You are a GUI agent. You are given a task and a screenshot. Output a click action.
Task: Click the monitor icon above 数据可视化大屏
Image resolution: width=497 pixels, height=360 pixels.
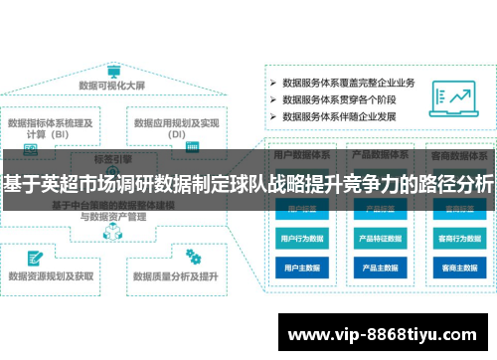[x=112, y=72]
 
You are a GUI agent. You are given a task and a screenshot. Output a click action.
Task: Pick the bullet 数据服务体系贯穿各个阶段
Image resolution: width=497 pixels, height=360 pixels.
[x=342, y=99]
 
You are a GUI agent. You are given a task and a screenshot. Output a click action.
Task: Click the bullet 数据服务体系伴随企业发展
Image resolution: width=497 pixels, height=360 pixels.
[x=342, y=117]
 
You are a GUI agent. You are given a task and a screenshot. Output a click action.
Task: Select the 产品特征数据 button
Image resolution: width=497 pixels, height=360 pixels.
[x=381, y=239]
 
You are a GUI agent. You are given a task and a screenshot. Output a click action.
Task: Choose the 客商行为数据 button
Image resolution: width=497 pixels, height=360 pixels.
[x=458, y=239]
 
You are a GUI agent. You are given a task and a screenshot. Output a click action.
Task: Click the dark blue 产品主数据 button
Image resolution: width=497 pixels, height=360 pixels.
[x=381, y=268]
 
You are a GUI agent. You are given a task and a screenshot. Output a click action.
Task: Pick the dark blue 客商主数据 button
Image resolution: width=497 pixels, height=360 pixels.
[x=458, y=268]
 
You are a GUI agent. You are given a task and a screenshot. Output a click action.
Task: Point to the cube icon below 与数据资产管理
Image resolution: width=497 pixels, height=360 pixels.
[x=111, y=235]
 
